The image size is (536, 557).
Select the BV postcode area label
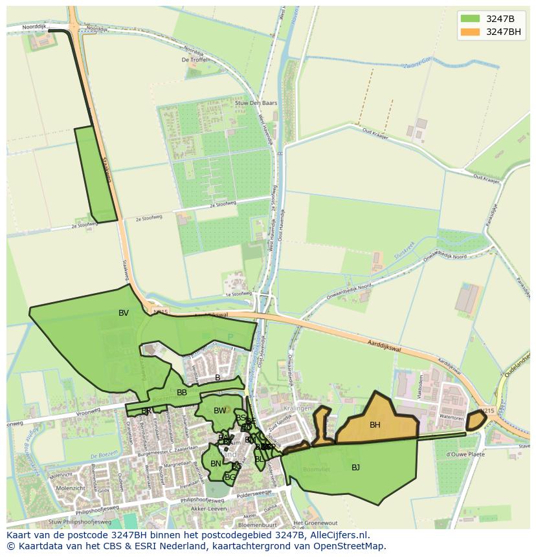pyautogui.click(x=124, y=313)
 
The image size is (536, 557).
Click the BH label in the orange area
pyautogui.click(x=375, y=425)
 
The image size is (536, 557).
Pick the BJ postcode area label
pyautogui.click(x=355, y=468)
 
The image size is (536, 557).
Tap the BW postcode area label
pyautogui.click(x=220, y=411)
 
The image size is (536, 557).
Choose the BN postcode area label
pyautogui.click(x=216, y=464)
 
